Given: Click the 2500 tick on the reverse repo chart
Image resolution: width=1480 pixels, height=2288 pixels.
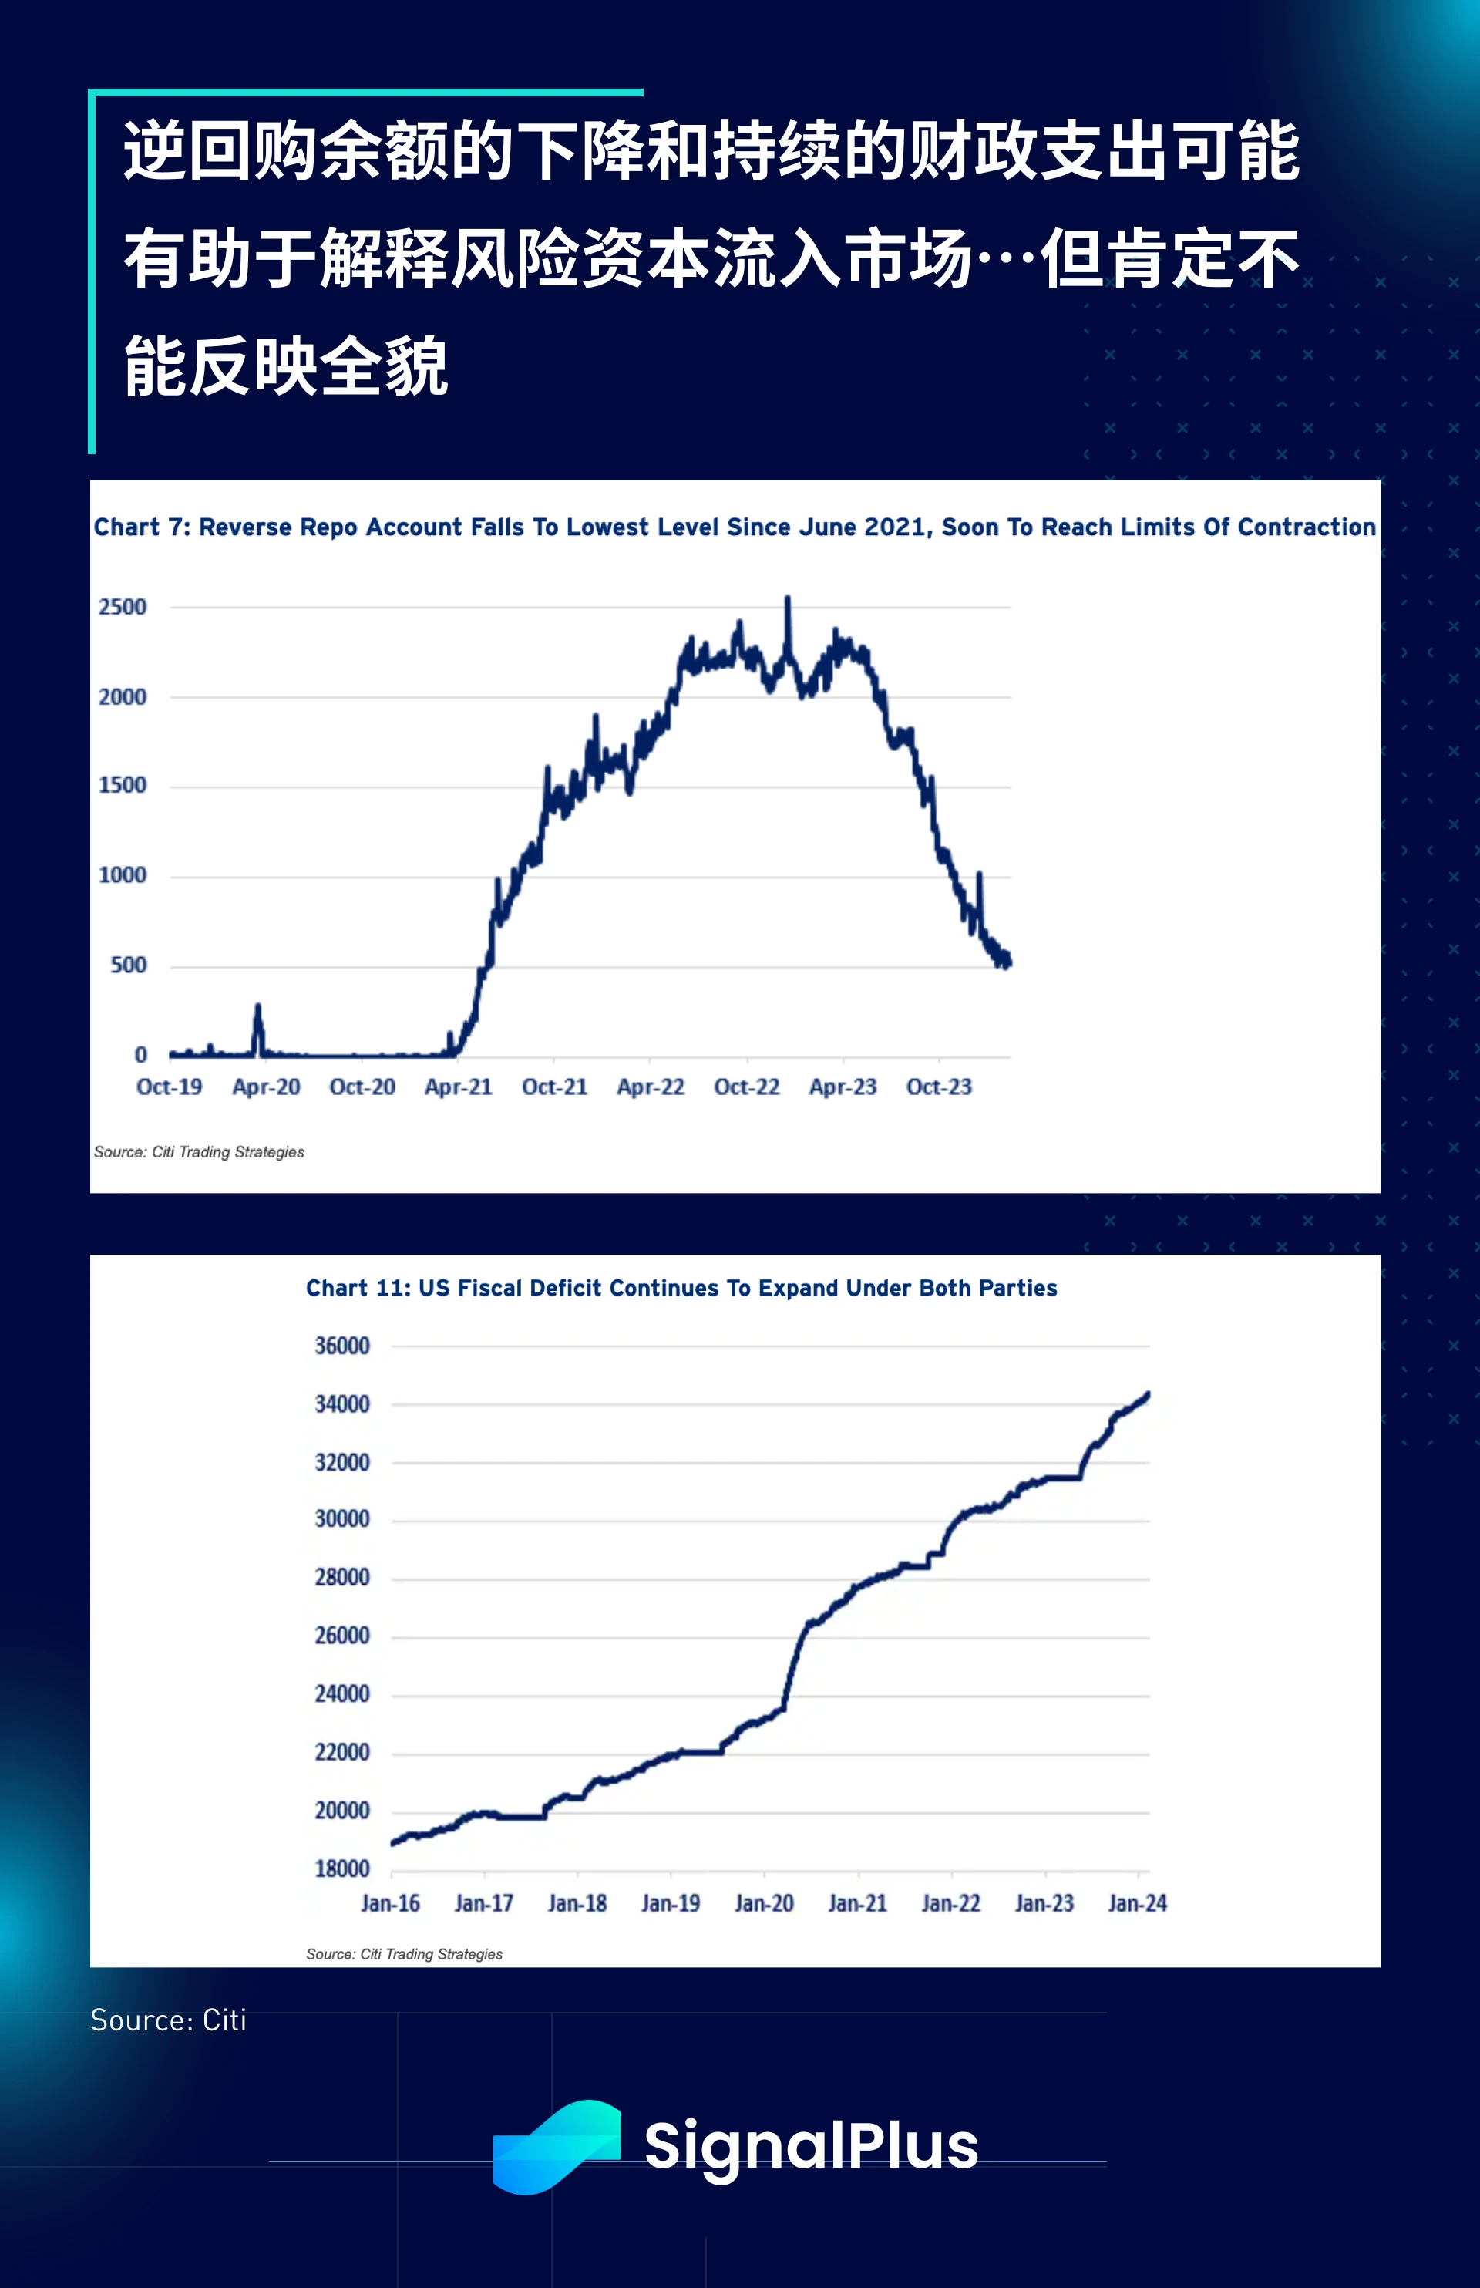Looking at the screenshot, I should coord(122,607).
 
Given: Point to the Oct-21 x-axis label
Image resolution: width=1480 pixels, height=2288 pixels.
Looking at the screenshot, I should coord(553,1087).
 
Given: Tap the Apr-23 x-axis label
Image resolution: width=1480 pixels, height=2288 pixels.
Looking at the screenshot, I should coord(842,1087).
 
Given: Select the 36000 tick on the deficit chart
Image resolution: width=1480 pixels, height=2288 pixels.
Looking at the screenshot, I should coord(342,1346).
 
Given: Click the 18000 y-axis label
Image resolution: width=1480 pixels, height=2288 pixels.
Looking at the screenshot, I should coord(342,1868).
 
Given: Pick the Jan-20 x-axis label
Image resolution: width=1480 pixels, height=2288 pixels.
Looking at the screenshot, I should coord(764,1903).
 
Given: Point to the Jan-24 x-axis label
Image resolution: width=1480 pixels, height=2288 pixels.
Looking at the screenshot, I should coord(1137,1903).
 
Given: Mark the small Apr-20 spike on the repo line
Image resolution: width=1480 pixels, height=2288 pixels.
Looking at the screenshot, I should coord(257,1007).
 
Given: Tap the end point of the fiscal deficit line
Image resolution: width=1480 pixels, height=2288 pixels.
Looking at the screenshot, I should coord(1148,1393).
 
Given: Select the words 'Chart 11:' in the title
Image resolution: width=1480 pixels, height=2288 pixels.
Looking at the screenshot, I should coord(358,1288).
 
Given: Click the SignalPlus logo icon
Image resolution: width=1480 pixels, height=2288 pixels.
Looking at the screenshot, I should coord(556,2147).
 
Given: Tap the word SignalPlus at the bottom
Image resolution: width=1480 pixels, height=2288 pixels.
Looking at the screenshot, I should coord(811,2147).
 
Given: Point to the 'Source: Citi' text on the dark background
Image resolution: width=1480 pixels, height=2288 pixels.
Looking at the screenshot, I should coord(168,2020).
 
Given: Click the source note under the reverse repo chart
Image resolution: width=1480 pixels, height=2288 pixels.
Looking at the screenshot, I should coord(199,1151).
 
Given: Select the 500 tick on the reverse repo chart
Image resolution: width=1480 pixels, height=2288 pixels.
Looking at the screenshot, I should coord(128,965).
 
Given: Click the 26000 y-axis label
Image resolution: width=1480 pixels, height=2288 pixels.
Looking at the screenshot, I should coord(342,1636).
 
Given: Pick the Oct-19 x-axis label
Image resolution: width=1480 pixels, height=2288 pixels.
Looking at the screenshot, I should coord(169,1087).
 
